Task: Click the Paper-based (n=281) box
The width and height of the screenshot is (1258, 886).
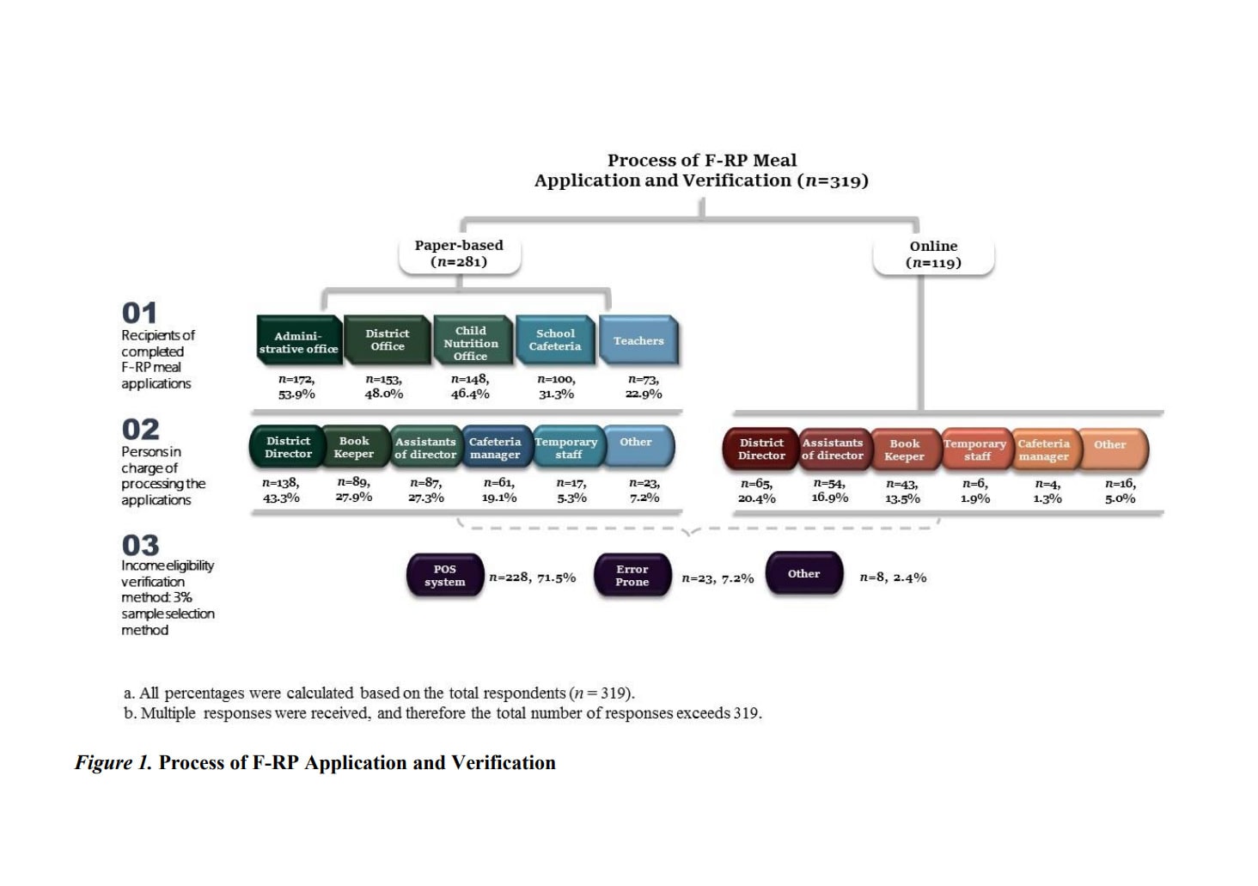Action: click(459, 254)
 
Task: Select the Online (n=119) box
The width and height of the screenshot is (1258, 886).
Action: click(933, 254)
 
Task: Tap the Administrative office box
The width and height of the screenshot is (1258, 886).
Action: click(298, 341)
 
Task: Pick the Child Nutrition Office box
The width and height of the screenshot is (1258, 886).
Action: click(471, 342)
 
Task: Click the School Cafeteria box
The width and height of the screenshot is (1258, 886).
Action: click(555, 340)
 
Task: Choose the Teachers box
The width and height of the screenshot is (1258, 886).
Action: click(638, 341)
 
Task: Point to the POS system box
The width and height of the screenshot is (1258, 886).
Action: click(444, 576)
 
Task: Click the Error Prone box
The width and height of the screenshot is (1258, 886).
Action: click(632, 576)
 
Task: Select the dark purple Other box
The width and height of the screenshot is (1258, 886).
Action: click(803, 574)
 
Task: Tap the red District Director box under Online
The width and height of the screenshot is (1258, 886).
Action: click(761, 449)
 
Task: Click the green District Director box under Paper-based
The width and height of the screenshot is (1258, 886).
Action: click(288, 448)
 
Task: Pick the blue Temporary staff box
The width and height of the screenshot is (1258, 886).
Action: click(566, 448)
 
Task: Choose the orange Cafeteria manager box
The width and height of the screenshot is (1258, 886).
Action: click(1043, 449)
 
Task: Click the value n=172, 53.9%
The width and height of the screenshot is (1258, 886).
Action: click(296, 387)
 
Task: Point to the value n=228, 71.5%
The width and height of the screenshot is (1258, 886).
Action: click(533, 577)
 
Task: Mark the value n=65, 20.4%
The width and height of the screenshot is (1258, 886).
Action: click(756, 491)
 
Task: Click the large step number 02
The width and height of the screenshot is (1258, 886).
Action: click(141, 429)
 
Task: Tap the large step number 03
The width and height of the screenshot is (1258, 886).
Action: click(141, 545)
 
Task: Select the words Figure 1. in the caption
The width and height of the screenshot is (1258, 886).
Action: click(113, 762)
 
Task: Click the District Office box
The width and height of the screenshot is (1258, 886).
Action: click(387, 340)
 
